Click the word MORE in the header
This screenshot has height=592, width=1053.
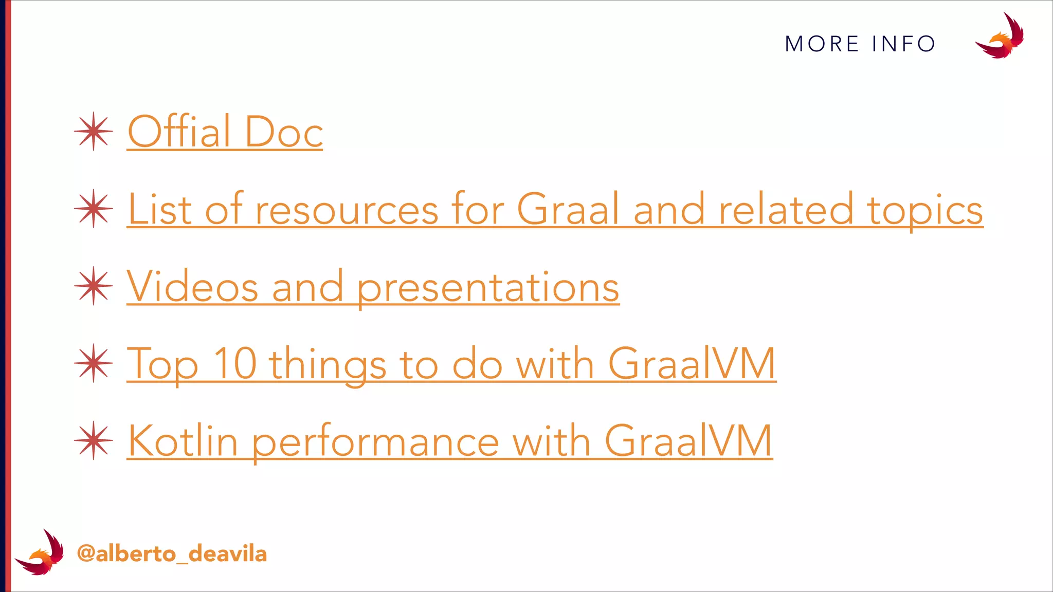tap(822, 44)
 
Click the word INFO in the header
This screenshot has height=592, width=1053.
tap(903, 44)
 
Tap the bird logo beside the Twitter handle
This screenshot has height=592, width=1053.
tap(40, 553)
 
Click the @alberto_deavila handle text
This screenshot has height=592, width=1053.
tap(172, 554)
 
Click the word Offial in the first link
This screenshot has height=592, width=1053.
tap(179, 132)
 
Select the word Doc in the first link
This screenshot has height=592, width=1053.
tap(284, 132)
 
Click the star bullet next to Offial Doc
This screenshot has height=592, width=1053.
tap(93, 132)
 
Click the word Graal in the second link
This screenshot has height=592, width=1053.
tap(568, 210)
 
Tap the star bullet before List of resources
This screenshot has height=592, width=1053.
tap(93, 209)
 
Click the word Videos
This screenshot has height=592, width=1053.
tap(192, 287)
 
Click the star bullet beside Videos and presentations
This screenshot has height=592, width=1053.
tap(93, 286)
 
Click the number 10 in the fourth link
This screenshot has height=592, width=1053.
tap(235, 364)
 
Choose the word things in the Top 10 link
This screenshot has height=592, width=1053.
tap(328, 365)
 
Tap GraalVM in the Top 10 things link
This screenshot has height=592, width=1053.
tap(692, 364)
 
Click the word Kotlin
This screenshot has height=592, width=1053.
tap(183, 441)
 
